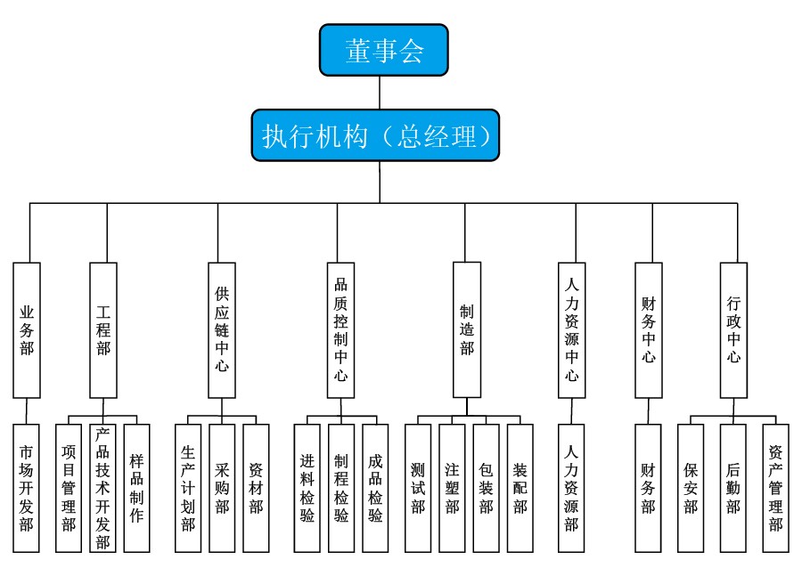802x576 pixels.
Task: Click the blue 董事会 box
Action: click(383, 50)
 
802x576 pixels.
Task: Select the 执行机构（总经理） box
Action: click(374, 135)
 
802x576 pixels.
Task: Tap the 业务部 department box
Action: click(27, 329)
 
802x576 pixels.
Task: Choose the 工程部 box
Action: click(103, 329)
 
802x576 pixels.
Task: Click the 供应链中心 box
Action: click(221, 329)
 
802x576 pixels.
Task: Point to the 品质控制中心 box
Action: click(340, 329)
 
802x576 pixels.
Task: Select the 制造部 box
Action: click(467, 329)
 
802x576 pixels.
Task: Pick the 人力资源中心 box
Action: click(571, 329)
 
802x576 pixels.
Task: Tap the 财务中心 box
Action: click(649, 329)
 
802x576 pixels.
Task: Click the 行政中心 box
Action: click(733, 329)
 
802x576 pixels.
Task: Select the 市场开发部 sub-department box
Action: click(27, 487)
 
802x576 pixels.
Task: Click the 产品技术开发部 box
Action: click(102, 487)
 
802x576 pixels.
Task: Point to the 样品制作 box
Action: click(136, 487)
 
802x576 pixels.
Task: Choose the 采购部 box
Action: click(222, 487)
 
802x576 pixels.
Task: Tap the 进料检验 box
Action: click(307, 487)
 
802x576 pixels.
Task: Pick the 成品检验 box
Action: click(375, 487)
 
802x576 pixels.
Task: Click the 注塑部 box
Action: click(452, 487)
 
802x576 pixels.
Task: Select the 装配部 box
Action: click(520, 487)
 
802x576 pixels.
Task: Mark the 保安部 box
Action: click(691, 487)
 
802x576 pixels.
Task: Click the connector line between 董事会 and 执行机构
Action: click(381, 93)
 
